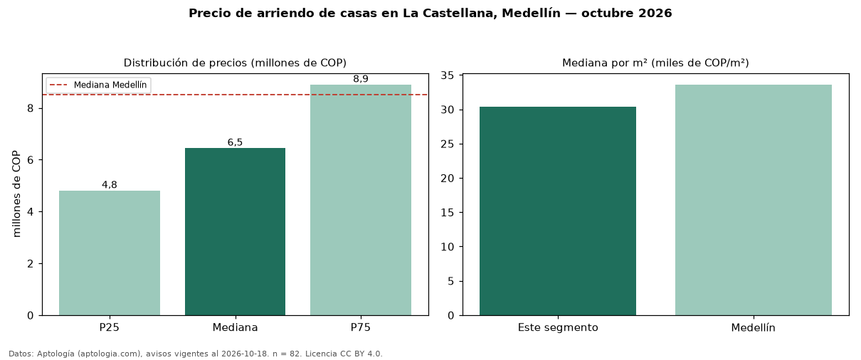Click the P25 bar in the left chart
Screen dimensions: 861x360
pyautogui.click(x=110, y=253)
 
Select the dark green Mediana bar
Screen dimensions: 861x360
pyautogui.click(x=236, y=232)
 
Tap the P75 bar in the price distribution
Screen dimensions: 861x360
pyautogui.click(x=361, y=200)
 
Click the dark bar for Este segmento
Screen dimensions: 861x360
pyautogui.click(x=558, y=211)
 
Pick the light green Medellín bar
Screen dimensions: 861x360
pyautogui.click(x=754, y=200)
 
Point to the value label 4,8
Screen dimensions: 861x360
pyautogui.click(x=110, y=185)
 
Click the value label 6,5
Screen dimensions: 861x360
pyautogui.click(x=236, y=142)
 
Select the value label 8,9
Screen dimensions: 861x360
pyautogui.click(x=361, y=79)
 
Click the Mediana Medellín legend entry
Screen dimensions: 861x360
pyautogui.click(x=99, y=85)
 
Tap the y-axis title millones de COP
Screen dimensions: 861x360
pyautogui.click(x=16, y=194)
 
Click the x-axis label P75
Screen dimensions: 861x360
pyautogui.click(x=361, y=327)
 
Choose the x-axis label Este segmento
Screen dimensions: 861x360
pyautogui.click(x=558, y=328)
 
